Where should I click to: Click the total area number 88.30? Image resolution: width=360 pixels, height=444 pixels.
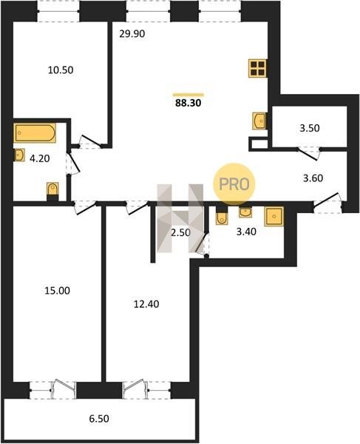188,103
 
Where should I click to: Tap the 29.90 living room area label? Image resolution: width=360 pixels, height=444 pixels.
132,34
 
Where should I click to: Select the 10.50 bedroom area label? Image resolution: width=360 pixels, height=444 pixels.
61,70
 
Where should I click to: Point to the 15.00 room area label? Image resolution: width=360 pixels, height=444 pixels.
58,291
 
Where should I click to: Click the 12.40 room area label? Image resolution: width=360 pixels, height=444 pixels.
146,304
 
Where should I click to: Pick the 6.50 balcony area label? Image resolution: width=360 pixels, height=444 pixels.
99,418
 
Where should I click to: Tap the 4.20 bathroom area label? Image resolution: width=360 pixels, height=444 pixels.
40,158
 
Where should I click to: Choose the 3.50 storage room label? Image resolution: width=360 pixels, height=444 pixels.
310,128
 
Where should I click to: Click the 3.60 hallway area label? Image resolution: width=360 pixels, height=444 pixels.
313,178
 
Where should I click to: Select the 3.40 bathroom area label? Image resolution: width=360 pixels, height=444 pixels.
246,232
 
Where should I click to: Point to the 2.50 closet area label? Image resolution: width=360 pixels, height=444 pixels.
180,233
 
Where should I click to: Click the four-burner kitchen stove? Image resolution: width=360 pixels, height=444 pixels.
257,68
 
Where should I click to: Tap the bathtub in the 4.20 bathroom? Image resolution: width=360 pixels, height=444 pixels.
35,132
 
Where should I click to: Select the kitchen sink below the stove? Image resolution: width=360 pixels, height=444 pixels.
259,121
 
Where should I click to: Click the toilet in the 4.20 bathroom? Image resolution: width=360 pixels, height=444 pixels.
53,191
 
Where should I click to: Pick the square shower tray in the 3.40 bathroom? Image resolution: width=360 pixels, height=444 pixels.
274,216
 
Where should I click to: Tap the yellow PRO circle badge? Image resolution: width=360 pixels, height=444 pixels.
234,184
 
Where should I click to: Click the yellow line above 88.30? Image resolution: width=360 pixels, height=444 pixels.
189,95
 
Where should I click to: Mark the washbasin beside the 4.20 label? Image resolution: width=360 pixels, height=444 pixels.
19,155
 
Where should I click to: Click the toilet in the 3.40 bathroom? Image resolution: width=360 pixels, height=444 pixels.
222,216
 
